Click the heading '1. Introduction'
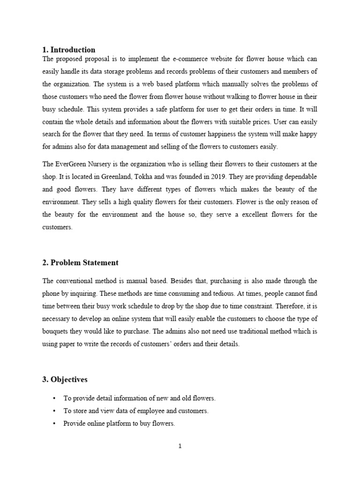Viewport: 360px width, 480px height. [x=69, y=50]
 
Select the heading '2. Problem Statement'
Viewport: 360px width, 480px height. [x=80, y=262]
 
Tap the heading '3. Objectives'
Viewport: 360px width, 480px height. [x=65, y=379]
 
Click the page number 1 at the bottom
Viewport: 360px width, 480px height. [x=180, y=446]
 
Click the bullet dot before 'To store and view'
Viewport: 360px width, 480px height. [x=54, y=411]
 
